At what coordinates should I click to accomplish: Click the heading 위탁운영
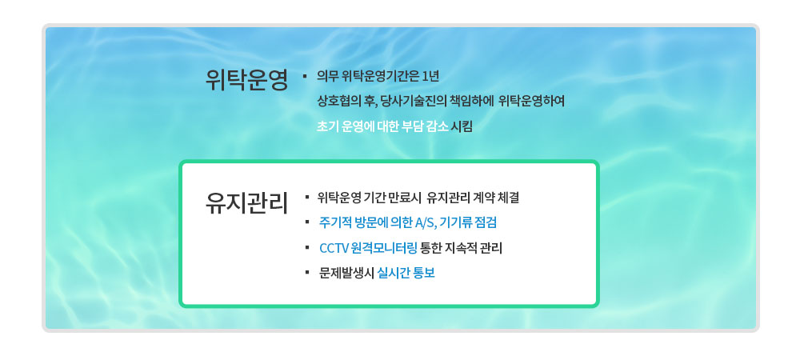coord(247,79)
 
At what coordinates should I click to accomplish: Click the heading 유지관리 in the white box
coord(247,202)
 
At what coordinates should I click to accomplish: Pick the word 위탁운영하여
coord(531,102)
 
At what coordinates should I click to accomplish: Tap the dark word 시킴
coord(462,126)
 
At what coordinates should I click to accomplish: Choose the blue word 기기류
coord(457,223)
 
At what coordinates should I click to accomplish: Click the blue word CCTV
coord(334,248)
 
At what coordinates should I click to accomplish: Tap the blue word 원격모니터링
coord(384,248)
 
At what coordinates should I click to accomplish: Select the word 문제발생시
coord(346,274)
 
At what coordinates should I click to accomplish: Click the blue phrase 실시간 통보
coord(406,274)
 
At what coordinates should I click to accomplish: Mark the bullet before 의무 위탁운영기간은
coord(305,77)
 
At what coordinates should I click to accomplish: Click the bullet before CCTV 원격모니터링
coord(307,247)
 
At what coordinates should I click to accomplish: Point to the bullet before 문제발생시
coord(307,273)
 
